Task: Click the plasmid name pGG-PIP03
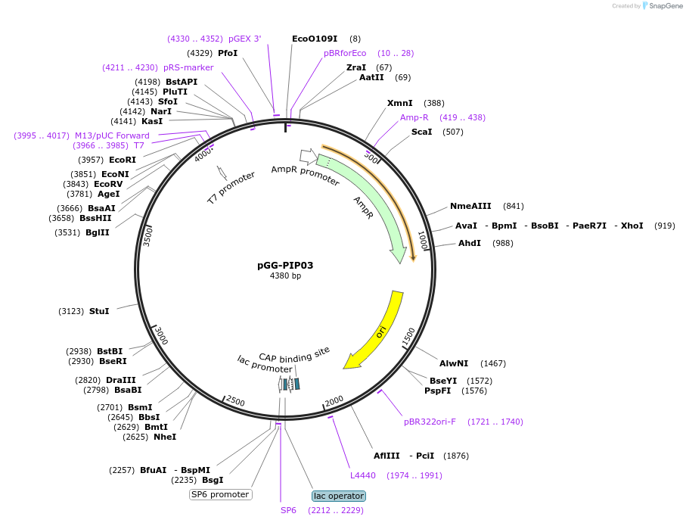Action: pos(285,265)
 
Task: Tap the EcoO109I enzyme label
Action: pos(315,39)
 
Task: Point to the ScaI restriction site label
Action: pos(421,132)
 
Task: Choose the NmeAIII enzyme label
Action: pos(470,206)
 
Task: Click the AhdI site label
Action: pos(469,243)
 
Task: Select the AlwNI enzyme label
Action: pos(454,363)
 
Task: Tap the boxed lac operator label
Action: pos(338,496)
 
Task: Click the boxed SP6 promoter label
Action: pos(220,494)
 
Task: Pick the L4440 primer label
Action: pos(362,475)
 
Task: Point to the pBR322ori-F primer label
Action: pos(430,422)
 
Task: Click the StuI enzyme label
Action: pos(99,311)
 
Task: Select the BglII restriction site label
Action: pos(98,232)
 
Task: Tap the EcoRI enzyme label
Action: pos(123,160)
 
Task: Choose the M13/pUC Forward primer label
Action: pos(112,135)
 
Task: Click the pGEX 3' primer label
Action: pos(244,39)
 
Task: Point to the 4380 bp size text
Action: pos(285,276)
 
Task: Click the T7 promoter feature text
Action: pos(231,188)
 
